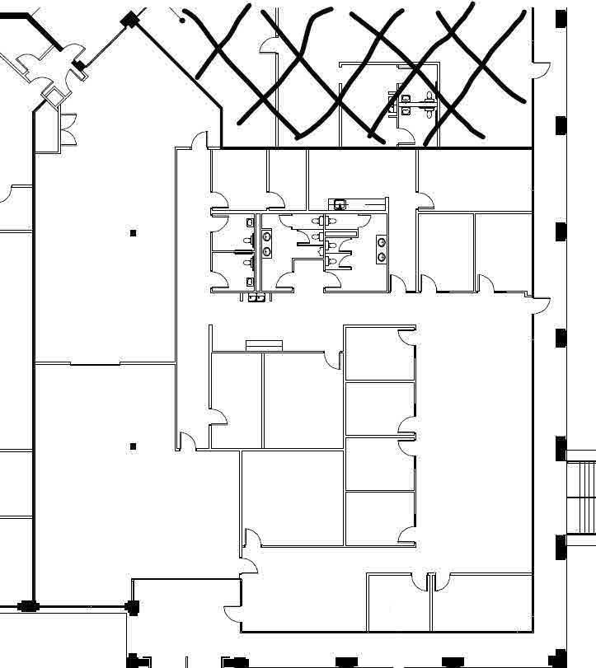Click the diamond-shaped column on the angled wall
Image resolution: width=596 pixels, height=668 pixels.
(x=129, y=19)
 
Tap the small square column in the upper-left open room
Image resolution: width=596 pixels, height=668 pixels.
(x=134, y=234)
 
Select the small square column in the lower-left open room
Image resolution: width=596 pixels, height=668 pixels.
(x=134, y=446)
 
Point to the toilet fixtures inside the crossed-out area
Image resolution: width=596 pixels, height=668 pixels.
(x=415, y=104)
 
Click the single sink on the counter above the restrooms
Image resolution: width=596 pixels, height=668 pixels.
(x=339, y=204)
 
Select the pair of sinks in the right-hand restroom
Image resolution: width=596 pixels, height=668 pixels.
(x=381, y=249)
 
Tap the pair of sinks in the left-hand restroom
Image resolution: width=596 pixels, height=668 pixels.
(x=266, y=245)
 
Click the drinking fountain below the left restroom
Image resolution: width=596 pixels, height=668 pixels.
(x=256, y=297)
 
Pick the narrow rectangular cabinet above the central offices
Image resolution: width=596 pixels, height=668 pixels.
(x=264, y=345)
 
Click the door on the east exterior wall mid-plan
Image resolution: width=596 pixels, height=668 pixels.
(x=540, y=304)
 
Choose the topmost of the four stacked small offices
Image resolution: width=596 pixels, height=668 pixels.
(x=378, y=354)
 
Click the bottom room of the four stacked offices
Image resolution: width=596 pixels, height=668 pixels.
(x=378, y=518)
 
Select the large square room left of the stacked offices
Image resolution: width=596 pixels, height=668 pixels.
(x=292, y=497)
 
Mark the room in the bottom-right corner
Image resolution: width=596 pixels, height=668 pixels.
(x=481, y=603)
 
